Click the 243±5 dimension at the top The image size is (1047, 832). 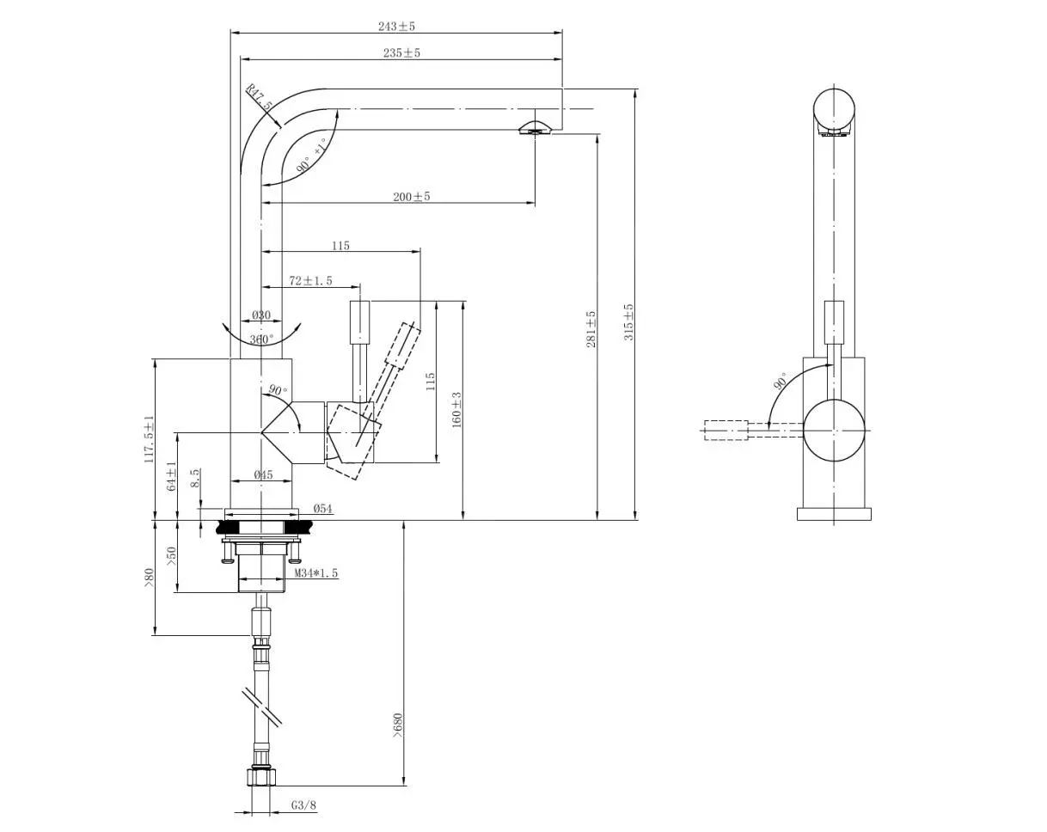click(396, 27)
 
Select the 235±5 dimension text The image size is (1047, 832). click(401, 53)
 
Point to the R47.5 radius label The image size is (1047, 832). click(259, 96)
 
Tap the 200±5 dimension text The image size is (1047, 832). click(412, 197)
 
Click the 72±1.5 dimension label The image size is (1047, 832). click(310, 281)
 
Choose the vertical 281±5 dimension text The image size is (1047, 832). click(591, 329)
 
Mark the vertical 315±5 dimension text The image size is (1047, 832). click(628, 321)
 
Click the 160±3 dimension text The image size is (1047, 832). click(456, 409)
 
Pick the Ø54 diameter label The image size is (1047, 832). click(322, 509)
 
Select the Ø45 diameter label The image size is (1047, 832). click(263, 475)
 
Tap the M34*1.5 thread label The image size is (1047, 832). click(316, 573)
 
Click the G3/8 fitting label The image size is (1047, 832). click(303, 806)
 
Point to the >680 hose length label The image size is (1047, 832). click(397, 725)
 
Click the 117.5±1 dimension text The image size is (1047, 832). click(149, 440)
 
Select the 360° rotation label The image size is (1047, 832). click(261, 340)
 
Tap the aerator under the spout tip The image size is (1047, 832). click(534, 129)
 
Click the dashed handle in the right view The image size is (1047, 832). click(726, 430)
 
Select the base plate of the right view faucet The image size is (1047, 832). click(833, 514)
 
